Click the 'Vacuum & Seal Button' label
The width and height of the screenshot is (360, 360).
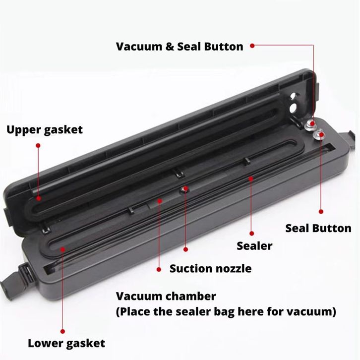(180, 47)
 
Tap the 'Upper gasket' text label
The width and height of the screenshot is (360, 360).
(45, 130)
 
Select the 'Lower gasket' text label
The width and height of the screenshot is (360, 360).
(66, 344)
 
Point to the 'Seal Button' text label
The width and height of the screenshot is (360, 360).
(318, 228)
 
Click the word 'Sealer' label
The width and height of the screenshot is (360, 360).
(254, 246)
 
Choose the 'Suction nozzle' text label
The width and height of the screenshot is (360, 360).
(211, 268)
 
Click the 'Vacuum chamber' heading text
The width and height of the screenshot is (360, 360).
(166, 296)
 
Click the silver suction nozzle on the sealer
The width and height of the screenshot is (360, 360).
(185, 189)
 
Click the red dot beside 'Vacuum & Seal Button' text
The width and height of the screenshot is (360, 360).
(252, 46)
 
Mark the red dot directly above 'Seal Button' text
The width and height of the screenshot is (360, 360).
(321, 211)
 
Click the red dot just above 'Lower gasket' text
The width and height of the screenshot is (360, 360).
(62, 331)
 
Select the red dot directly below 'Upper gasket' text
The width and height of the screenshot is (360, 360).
(38, 145)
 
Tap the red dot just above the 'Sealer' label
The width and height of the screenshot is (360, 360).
(251, 234)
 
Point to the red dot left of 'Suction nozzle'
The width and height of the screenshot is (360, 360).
(159, 269)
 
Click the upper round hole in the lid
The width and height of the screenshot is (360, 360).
(293, 96)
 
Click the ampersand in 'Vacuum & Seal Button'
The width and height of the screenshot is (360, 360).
(170, 47)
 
